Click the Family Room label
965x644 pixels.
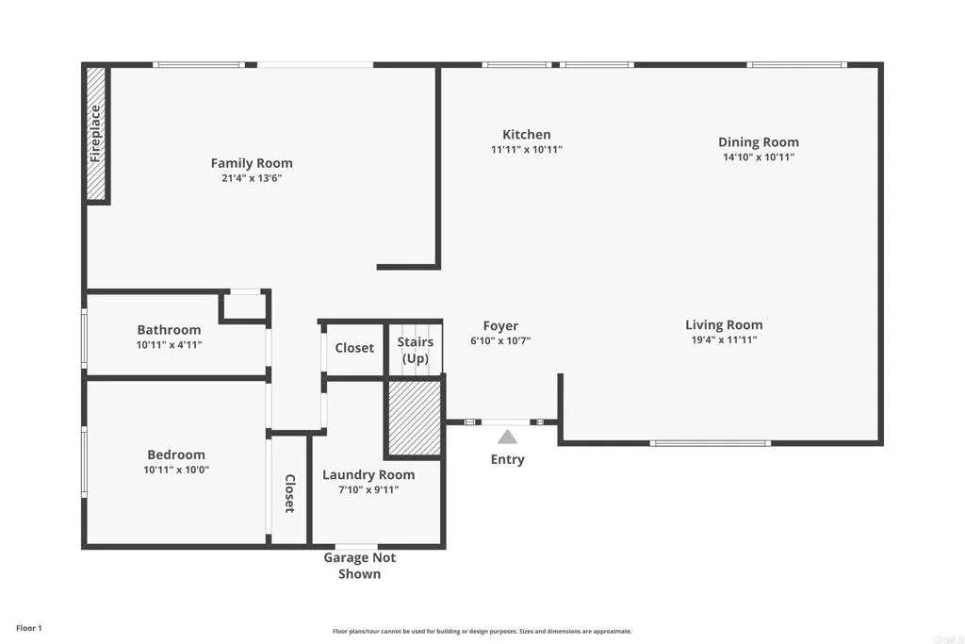click(251, 163)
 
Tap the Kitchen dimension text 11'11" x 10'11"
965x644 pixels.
click(526, 150)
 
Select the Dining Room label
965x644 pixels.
click(758, 142)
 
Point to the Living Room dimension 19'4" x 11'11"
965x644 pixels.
click(724, 340)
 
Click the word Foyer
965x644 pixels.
click(500, 326)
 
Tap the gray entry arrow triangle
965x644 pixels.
click(507, 437)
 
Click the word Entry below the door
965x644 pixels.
click(507, 459)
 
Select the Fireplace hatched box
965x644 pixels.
click(95, 133)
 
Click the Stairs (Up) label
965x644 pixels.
click(416, 350)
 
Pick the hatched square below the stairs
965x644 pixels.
click(414, 418)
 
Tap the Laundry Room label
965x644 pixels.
click(368, 474)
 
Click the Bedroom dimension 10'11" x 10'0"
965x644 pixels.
click(175, 470)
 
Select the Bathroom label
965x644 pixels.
click(169, 330)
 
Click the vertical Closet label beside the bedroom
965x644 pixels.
click(289, 493)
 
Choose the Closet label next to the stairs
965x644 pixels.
click(354, 348)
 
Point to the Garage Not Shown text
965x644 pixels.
click(359, 565)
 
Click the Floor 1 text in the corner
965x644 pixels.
click(29, 628)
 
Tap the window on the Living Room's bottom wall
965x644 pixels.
click(710, 442)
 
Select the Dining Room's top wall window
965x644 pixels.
click(796, 65)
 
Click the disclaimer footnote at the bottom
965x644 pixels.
click(482, 632)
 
